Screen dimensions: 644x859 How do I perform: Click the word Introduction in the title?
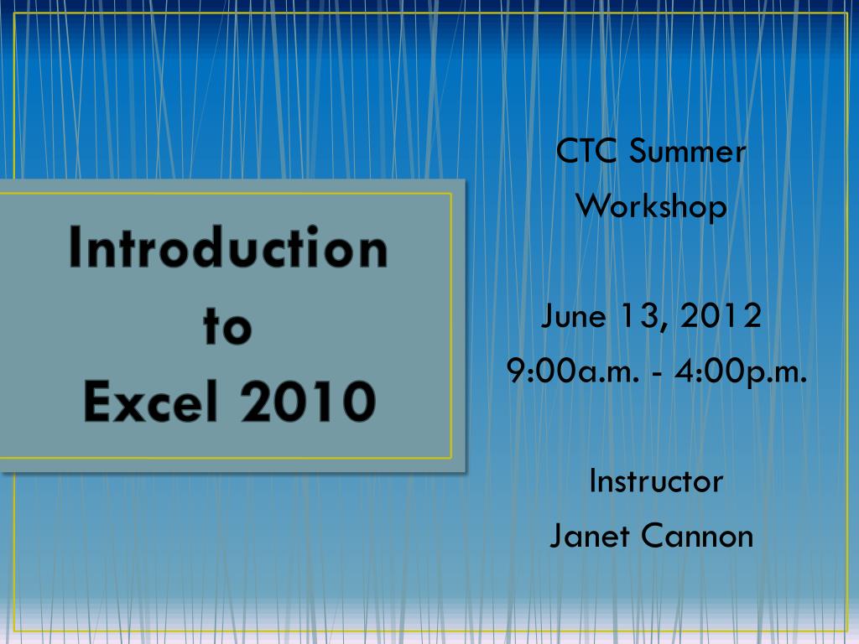coord(228,248)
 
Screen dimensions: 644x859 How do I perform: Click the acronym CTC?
coord(588,152)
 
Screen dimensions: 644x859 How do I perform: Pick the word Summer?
coord(687,152)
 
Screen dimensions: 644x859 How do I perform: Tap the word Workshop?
coord(652,206)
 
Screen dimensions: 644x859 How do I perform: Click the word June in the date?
coord(574,317)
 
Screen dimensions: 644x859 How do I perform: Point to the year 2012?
coord(721,316)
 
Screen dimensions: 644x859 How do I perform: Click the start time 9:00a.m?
coord(571,371)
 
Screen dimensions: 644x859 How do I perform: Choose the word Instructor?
coord(656,481)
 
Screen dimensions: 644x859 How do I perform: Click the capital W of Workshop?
coord(591,205)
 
